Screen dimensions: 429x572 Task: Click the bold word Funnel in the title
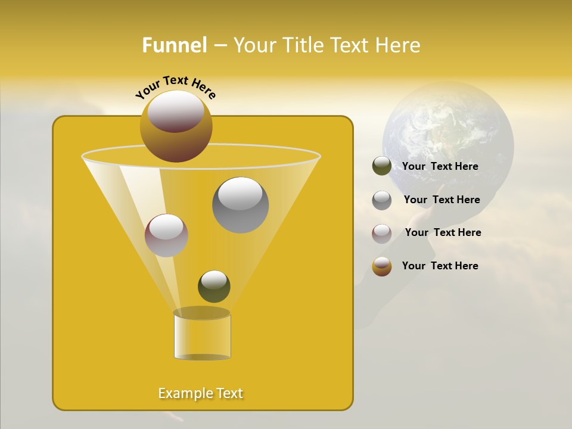pyautogui.click(x=174, y=45)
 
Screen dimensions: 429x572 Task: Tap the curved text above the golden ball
pyautogui.click(x=176, y=87)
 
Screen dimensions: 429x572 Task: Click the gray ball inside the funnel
pyautogui.click(x=240, y=205)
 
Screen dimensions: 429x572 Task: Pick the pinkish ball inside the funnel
pyautogui.click(x=166, y=235)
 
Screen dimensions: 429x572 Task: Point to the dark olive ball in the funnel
pyautogui.click(x=214, y=287)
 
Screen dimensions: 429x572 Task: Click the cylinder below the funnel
pyautogui.click(x=202, y=337)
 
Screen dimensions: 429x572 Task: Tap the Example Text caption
pyautogui.click(x=201, y=393)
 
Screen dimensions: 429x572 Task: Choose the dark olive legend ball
pyautogui.click(x=382, y=166)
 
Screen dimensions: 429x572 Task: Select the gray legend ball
pyautogui.click(x=382, y=200)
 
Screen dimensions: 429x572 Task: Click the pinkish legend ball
pyautogui.click(x=382, y=234)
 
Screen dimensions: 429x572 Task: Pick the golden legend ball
pyautogui.click(x=382, y=266)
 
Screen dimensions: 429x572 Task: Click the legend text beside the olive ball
pyautogui.click(x=440, y=166)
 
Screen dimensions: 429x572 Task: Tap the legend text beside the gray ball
pyautogui.click(x=442, y=200)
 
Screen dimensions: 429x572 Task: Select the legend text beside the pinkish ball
pyautogui.click(x=443, y=232)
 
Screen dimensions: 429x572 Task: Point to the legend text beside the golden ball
pyautogui.click(x=440, y=266)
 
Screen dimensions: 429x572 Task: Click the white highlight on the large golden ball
pyautogui.click(x=176, y=110)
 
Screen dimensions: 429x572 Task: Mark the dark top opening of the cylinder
pyautogui.click(x=201, y=313)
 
